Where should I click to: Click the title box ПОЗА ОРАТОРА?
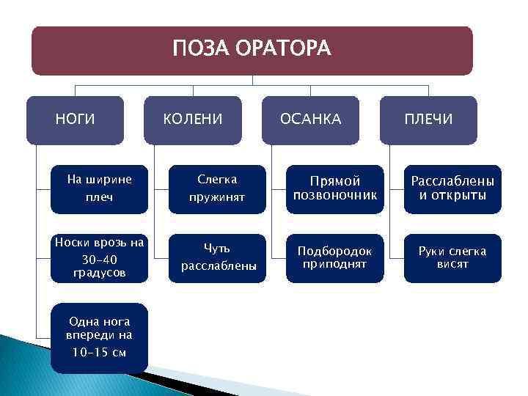click(252, 50)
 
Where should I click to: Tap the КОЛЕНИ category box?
click(192, 120)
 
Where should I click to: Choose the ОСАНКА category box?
click(310, 120)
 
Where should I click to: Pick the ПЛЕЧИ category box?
click(428, 120)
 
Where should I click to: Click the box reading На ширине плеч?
click(99, 188)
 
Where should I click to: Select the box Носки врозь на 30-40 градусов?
click(99, 257)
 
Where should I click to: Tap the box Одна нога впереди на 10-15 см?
click(99, 337)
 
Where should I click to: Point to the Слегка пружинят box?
click(218, 188)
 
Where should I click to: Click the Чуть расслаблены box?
click(218, 257)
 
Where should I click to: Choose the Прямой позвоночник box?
click(334, 188)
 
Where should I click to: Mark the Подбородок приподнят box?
click(334, 257)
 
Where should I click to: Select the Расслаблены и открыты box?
click(452, 188)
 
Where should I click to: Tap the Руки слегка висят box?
click(452, 257)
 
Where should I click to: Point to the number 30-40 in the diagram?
click(99, 260)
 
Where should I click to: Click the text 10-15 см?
click(99, 352)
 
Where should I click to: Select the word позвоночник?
click(334, 196)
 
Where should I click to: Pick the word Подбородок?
click(334, 252)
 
